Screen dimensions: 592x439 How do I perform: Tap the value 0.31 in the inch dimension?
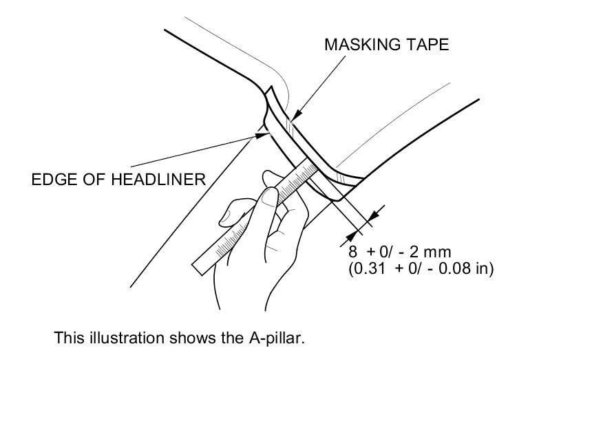click(371, 268)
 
